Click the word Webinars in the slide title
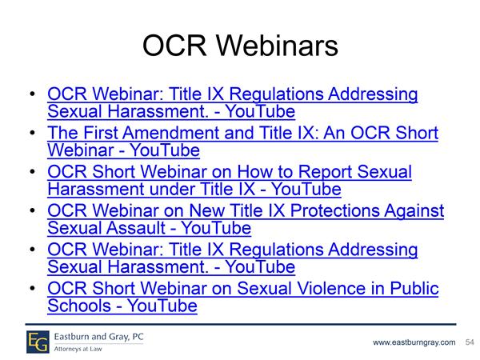(277, 46)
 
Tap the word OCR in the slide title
(174, 46)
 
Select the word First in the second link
(101, 133)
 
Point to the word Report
(325, 172)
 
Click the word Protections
(334, 210)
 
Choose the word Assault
(136, 228)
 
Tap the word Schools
(79, 306)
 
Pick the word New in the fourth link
(206, 210)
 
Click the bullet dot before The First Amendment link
(33, 133)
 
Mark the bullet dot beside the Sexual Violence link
(33, 288)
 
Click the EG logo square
(38, 342)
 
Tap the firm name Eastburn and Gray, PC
(98, 337)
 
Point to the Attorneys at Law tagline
(78, 349)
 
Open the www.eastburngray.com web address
(414, 342)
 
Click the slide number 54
(470, 342)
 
